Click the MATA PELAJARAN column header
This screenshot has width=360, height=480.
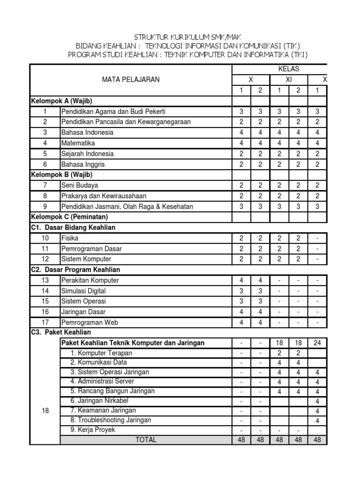pyautogui.click(x=131, y=80)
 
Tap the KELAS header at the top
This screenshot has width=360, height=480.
pyautogui.click(x=289, y=69)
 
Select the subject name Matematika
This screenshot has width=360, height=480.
pyautogui.click(x=78, y=143)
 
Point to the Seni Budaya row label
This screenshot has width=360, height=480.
pyautogui.click(x=79, y=185)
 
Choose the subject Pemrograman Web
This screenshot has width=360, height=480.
pyautogui.click(x=90, y=322)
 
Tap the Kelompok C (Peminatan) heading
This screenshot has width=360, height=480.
pyautogui.click(x=69, y=217)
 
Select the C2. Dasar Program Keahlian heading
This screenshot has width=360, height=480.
pyautogui.click(x=75, y=270)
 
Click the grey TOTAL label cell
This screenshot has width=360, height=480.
pyautogui.click(x=146, y=440)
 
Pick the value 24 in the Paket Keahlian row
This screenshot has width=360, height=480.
pyautogui.click(x=317, y=343)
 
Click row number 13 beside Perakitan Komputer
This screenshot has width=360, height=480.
pyautogui.click(x=45, y=280)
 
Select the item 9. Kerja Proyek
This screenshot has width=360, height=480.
pyautogui.click(x=92, y=429)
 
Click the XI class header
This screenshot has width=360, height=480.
pyautogui.click(x=289, y=80)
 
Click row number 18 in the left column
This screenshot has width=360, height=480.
pyautogui.click(x=45, y=410)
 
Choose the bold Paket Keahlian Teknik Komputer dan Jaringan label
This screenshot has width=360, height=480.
pyautogui.click(x=133, y=343)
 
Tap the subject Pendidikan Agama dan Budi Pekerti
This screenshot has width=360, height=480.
pyautogui.click(x=113, y=112)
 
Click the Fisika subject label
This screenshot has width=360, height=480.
pyautogui.click(x=70, y=238)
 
